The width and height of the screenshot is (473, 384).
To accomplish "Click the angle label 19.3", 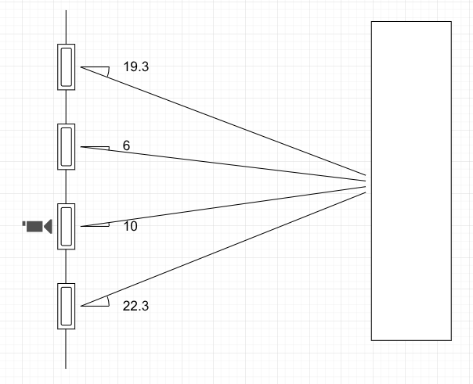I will (x=136, y=66).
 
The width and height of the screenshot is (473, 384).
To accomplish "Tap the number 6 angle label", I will (x=126, y=145).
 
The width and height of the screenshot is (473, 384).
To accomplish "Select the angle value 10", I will (x=130, y=226).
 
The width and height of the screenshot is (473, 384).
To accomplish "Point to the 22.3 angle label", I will (x=136, y=305).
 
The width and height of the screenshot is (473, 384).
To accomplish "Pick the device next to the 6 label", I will (x=67, y=146).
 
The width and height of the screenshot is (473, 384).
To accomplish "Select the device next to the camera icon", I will (x=67, y=226).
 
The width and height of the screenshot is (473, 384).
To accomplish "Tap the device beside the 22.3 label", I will (x=67, y=305).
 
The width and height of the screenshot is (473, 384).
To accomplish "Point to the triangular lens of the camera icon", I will (x=48, y=227).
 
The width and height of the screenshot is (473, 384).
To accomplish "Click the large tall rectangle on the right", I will (x=411, y=181).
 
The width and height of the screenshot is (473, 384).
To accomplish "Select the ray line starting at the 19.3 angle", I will (x=227, y=121).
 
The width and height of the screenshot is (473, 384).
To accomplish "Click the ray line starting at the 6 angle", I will (x=227, y=163).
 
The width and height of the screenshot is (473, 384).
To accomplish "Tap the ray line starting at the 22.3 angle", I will (x=227, y=246).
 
